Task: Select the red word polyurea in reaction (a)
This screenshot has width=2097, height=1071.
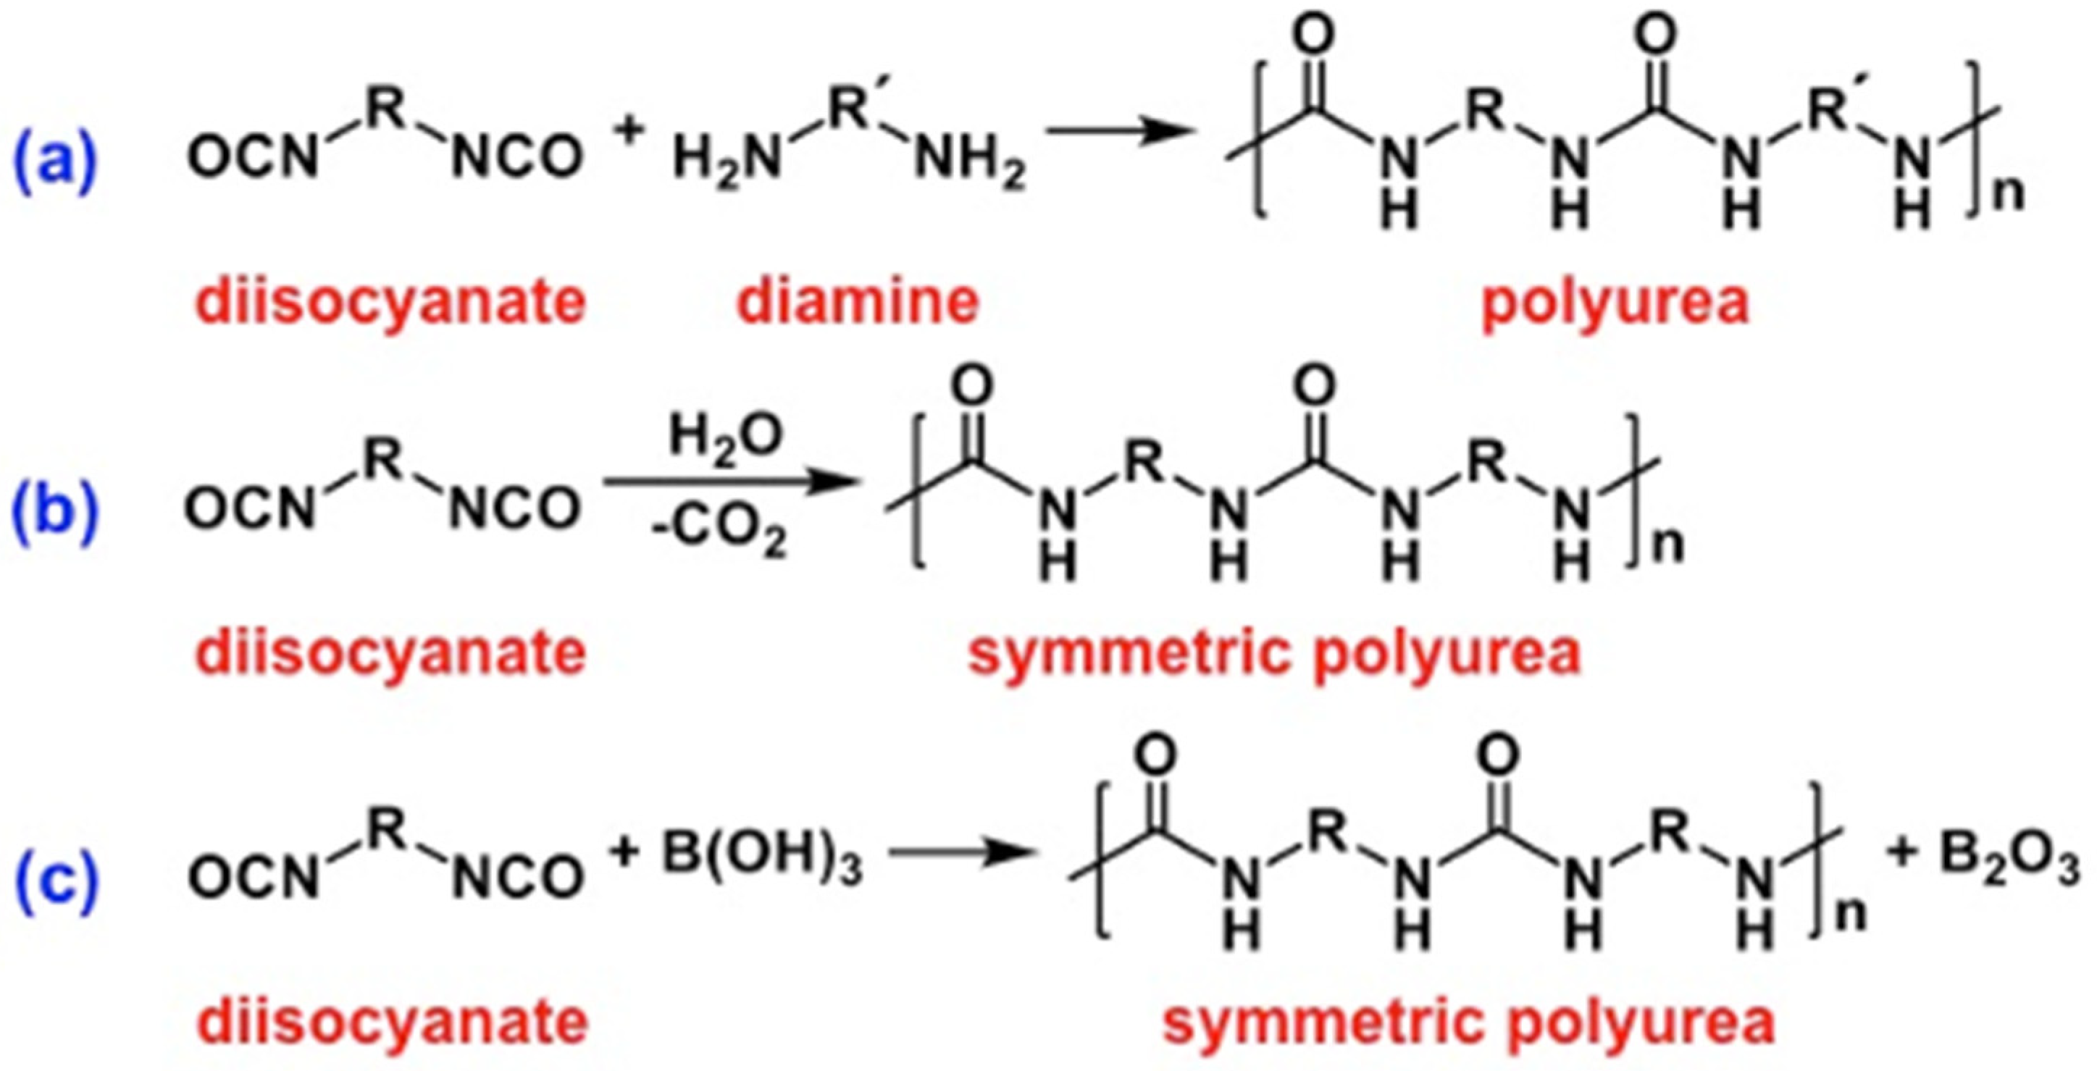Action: [1615, 302]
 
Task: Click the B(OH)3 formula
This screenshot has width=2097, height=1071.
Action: [762, 862]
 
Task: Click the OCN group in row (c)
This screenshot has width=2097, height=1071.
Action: [251, 879]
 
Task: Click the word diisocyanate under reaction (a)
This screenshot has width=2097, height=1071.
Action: [390, 302]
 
